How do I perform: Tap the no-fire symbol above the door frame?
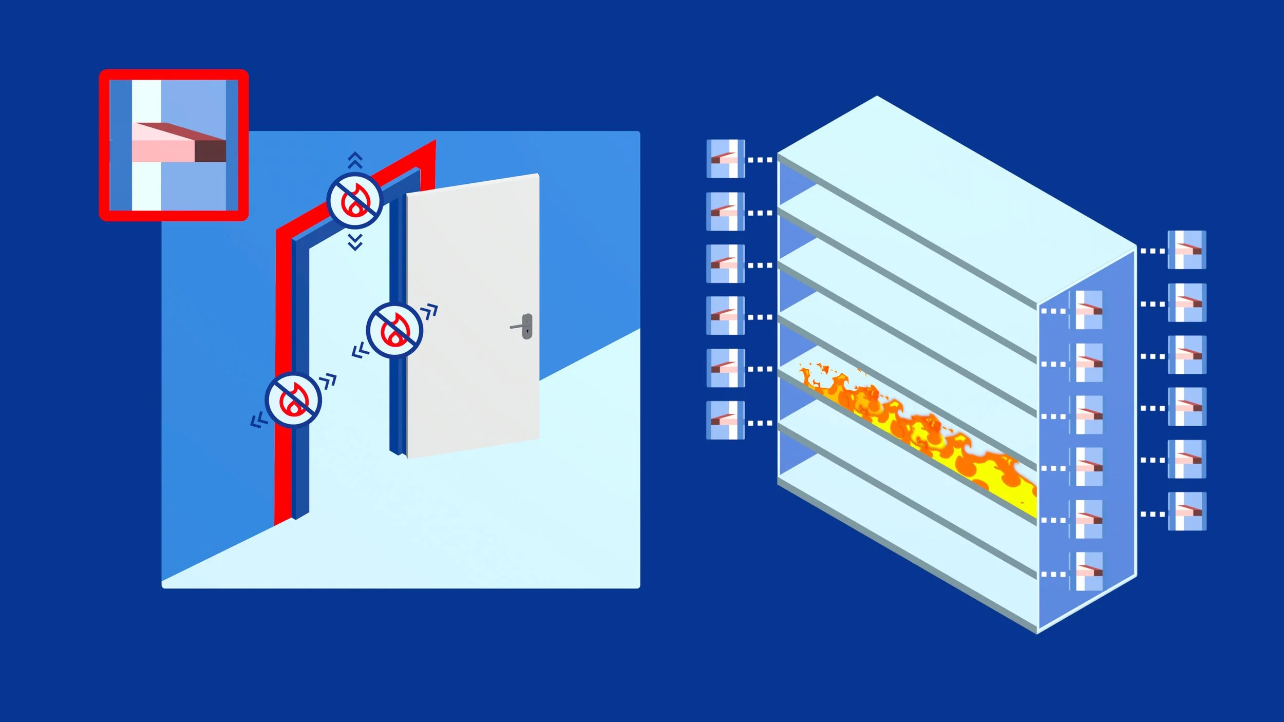click(355, 201)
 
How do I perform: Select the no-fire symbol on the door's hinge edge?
click(394, 330)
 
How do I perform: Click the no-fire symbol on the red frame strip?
click(293, 400)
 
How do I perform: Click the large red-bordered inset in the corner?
click(174, 145)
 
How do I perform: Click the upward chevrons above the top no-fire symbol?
click(355, 160)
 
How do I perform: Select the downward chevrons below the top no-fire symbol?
click(355, 241)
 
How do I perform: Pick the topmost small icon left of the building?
click(725, 159)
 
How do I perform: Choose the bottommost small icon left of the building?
click(725, 420)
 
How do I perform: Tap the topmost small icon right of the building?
click(1187, 250)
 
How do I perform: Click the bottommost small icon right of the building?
click(1187, 511)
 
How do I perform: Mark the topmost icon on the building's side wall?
click(1088, 310)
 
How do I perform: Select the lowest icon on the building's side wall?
click(1088, 572)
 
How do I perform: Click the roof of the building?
click(955, 200)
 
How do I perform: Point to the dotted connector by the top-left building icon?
click(760, 160)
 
